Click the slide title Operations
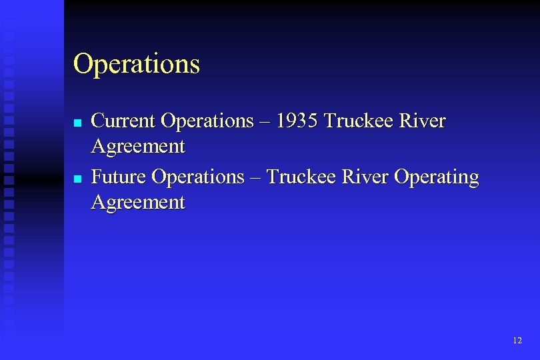[136, 65]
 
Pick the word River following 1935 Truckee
[423, 121]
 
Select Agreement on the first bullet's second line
[138, 146]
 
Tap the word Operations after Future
[199, 177]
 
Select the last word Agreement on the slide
[138, 202]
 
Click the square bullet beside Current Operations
[77, 123]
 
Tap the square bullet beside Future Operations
[77, 179]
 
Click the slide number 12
[517, 341]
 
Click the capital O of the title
[83, 65]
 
